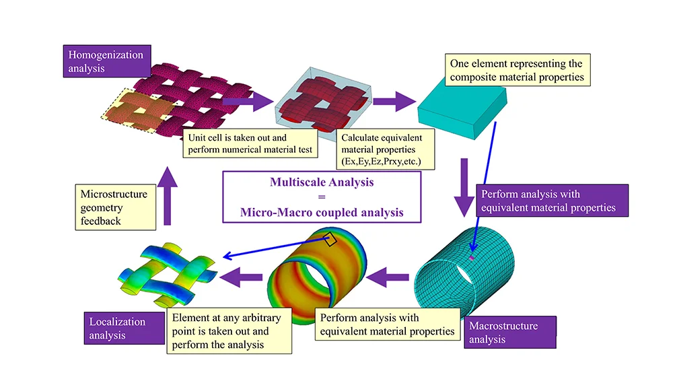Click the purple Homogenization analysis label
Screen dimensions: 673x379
click(x=107, y=61)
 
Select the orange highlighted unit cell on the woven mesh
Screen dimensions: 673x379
click(x=137, y=110)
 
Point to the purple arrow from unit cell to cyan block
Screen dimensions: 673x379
click(x=394, y=101)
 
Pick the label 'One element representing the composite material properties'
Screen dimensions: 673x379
click(x=517, y=70)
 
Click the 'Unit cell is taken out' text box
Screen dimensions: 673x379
click(x=250, y=143)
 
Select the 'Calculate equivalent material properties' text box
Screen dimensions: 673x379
click(x=385, y=149)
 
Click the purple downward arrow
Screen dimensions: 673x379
click(x=464, y=188)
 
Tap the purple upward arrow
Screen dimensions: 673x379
click(x=168, y=196)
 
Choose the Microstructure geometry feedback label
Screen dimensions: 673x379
click(x=116, y=207)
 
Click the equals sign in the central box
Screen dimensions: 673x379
click(x=322, y=197)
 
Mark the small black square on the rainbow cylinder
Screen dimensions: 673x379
click(x=330, y=239)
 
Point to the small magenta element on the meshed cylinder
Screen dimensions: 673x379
click(x=472, y=258)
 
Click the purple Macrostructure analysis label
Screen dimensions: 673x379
click(x=510, y=333)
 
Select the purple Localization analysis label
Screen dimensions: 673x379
click(x=124, y=329)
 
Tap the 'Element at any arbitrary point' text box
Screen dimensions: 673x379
click(x=229, y=331)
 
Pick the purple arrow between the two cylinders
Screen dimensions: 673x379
click(x=388, y=277)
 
